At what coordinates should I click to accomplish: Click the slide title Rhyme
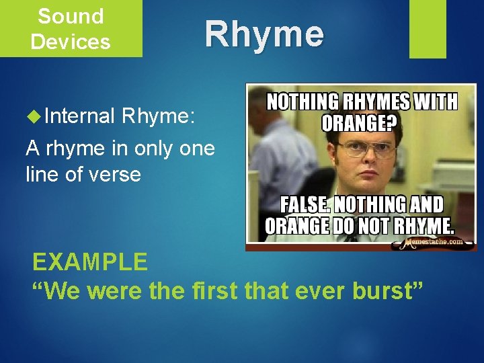click(264, 34)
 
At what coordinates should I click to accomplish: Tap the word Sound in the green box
click(71, 15)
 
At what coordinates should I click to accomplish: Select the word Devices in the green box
click(71, 42)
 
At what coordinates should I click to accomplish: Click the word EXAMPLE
click(90, 261)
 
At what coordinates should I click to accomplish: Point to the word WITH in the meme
click(436, 103)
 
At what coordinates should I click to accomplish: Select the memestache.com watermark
click(434, 242)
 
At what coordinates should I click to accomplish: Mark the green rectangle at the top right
click(428, 28)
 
